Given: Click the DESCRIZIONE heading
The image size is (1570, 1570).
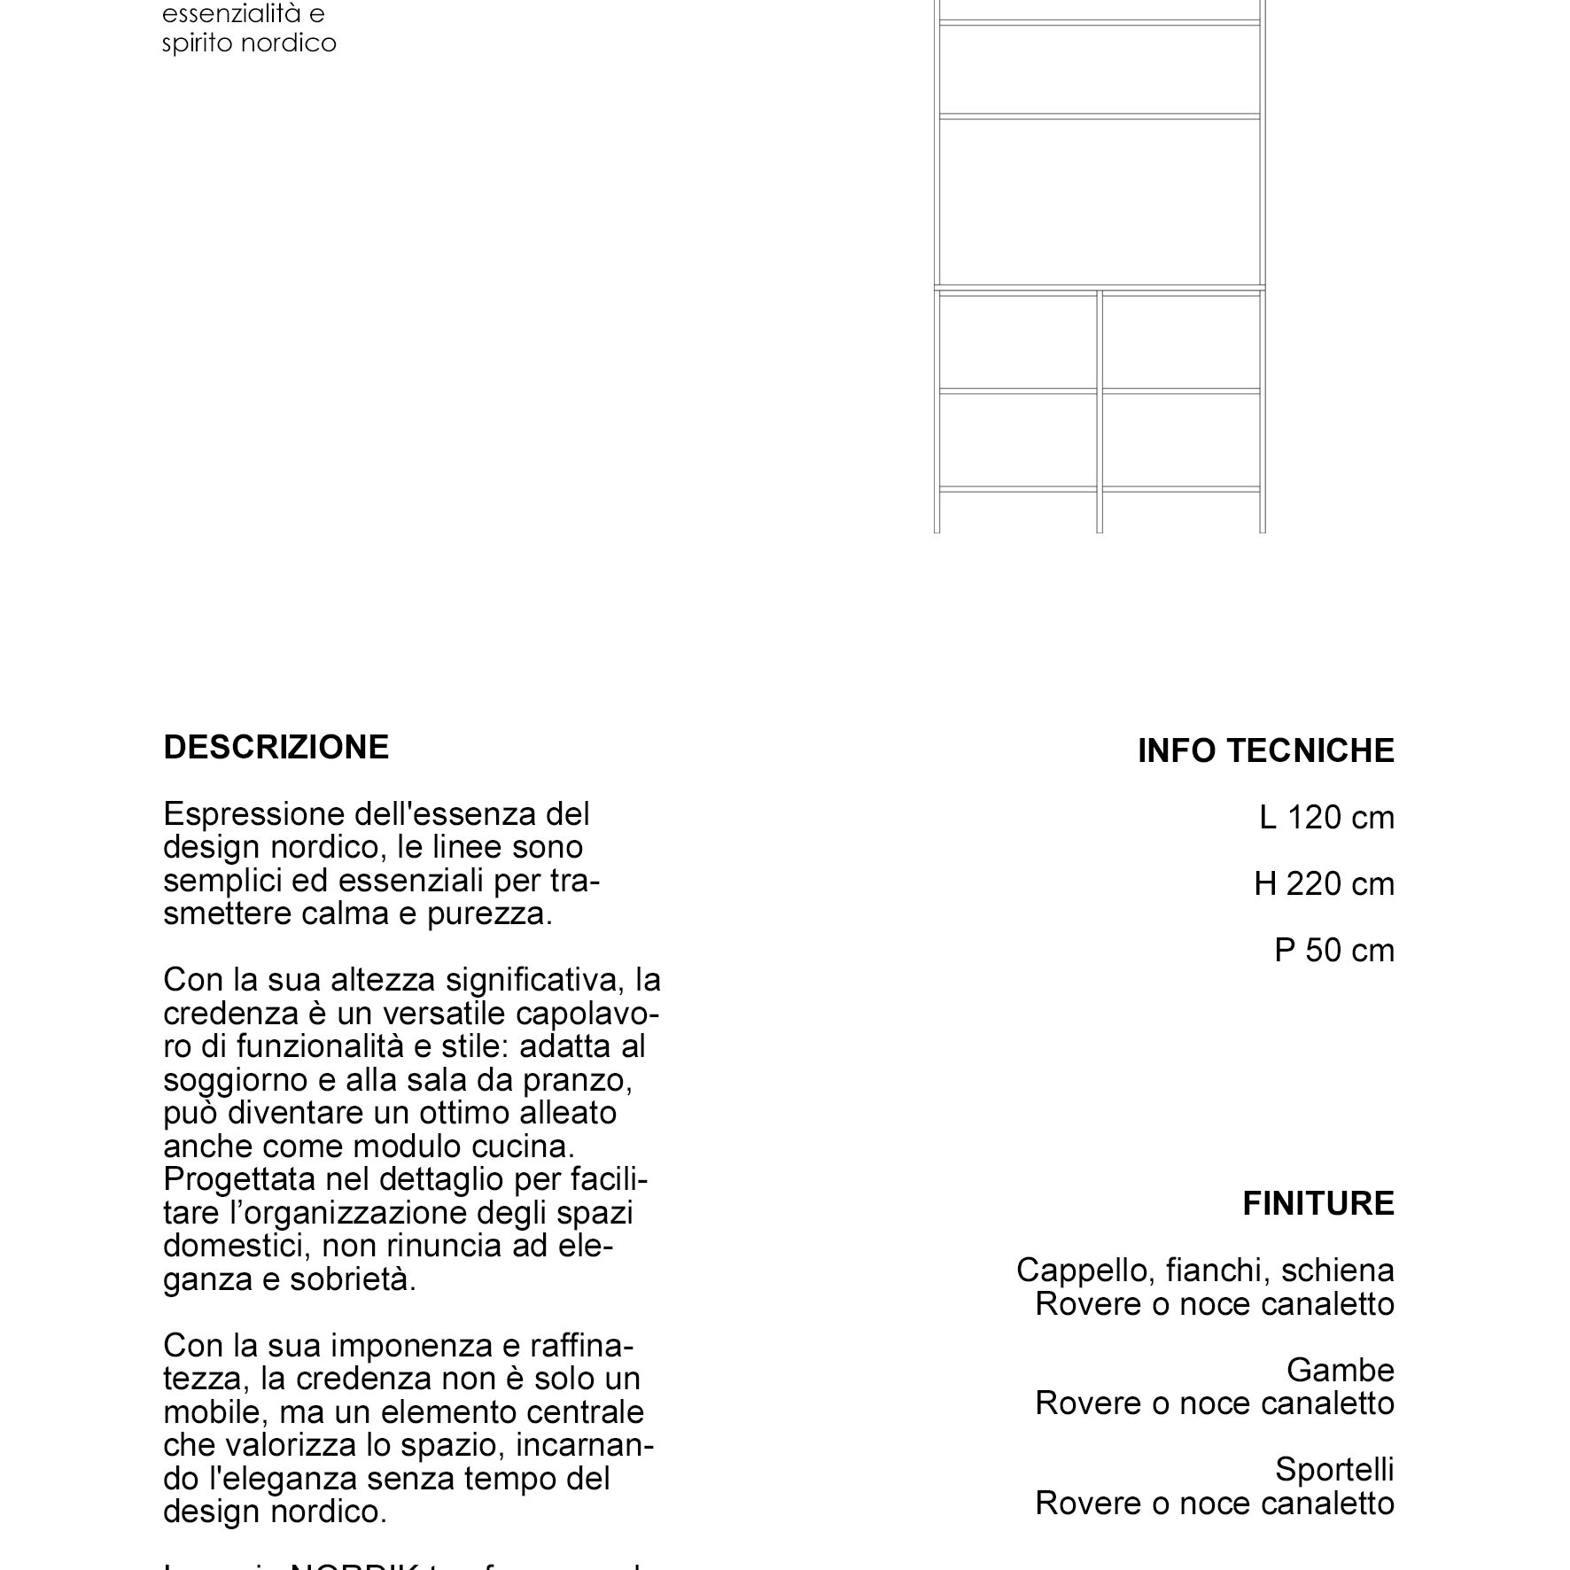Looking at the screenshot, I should tap(276, 747).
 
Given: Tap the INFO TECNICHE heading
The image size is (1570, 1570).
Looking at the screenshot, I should tap(1265, 750).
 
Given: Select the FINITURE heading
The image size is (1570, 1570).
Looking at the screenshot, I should tap(1317, 1203).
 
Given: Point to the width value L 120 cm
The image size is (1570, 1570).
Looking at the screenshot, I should tap(1326, 817).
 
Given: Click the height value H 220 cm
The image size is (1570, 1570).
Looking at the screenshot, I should tap(1324, 883).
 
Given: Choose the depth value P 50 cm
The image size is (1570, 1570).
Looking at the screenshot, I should tap(1333, 950).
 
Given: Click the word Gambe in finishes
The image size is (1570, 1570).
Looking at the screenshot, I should tap(1340, 1370).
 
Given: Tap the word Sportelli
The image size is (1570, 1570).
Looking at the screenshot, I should tap(1334, 1469).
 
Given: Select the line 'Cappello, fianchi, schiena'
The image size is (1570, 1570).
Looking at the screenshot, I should tap(1205, 1270).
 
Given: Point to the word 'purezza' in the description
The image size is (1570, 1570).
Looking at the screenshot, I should tap(489, 913).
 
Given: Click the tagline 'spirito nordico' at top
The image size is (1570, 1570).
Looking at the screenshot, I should tap(249, 43).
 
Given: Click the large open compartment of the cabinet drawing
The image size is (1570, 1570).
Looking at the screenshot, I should tap(1100, 201).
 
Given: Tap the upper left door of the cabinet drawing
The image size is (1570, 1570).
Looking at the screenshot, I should tap(1017, 341).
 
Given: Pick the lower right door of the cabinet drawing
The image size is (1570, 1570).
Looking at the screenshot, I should tap(1181, 440).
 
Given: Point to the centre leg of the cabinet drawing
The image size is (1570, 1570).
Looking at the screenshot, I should tap(1100, 512).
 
